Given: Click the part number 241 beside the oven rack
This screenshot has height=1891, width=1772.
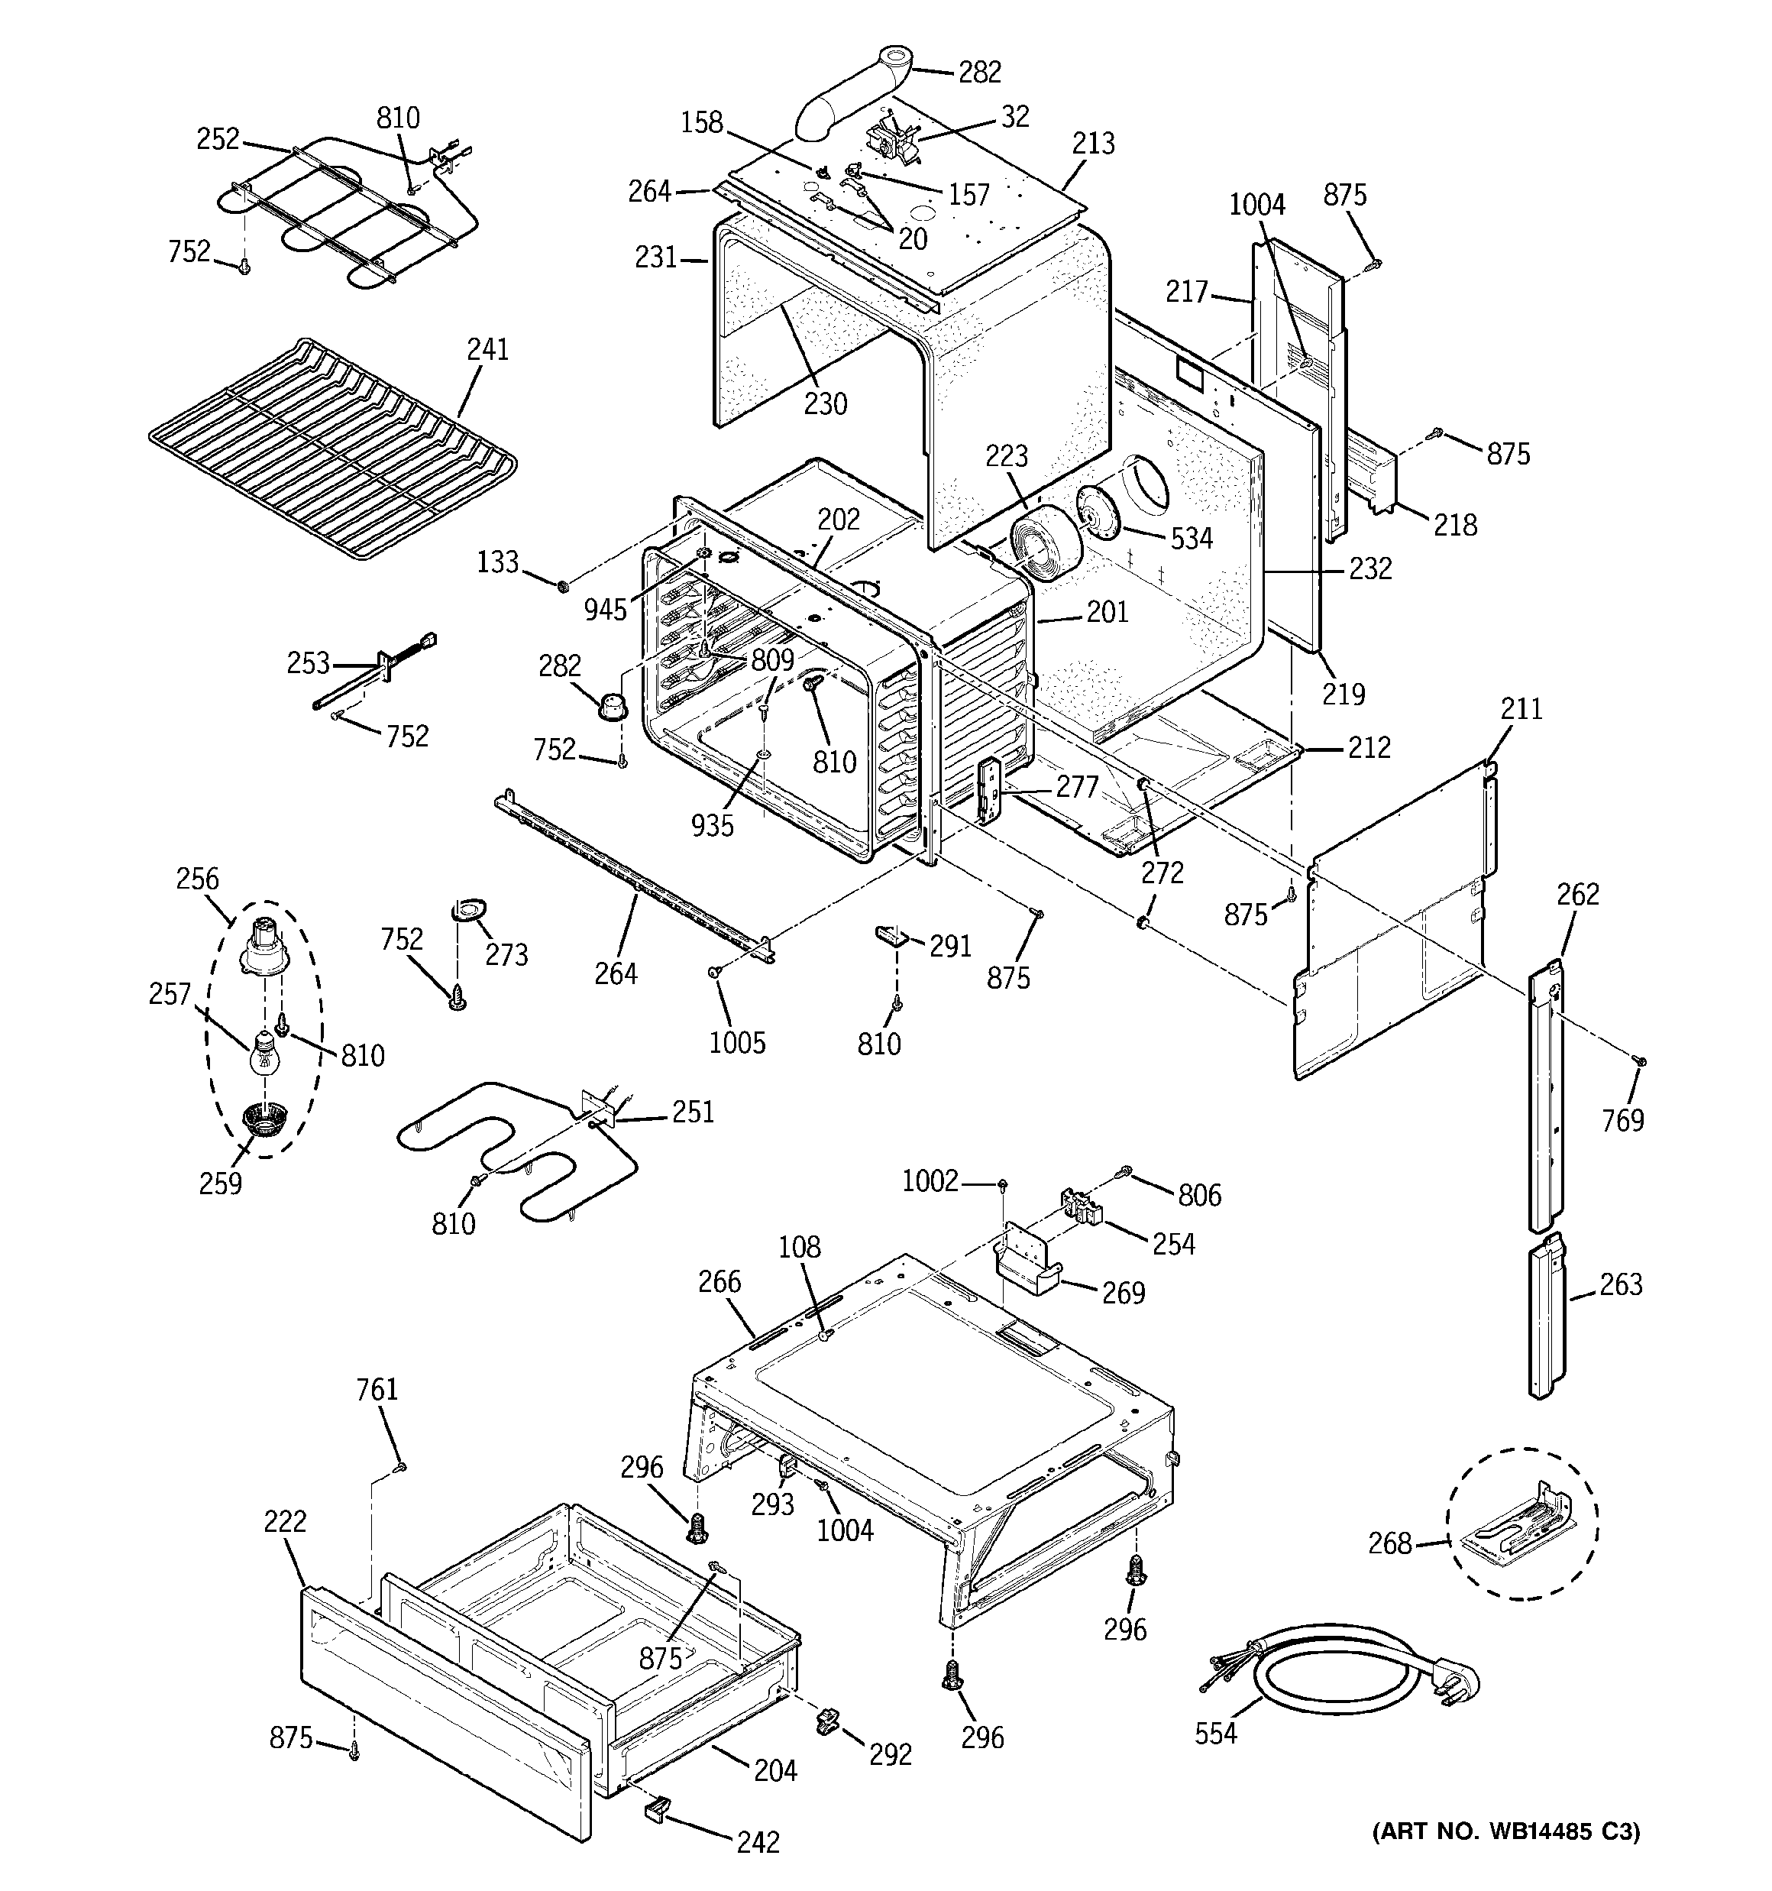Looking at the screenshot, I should click(x=487, y=350).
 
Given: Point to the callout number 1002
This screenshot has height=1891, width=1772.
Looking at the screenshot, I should click(x=930, y=1180).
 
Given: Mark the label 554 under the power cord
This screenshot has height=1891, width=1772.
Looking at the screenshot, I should click(x=1215, y=1733).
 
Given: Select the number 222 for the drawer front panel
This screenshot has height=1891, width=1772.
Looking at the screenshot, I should click(x=286, y=1521).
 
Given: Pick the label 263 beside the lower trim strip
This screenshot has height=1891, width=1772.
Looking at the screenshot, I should click(x=1621, y=1284).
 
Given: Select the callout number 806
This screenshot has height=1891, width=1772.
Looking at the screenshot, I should click(x=1198, y=1195).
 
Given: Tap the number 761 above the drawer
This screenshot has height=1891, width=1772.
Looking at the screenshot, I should click(x=377, y=1390).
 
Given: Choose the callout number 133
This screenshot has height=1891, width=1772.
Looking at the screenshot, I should click(x=496, y=562).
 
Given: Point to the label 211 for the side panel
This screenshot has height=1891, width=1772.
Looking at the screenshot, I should click(x=1521, y=709).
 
